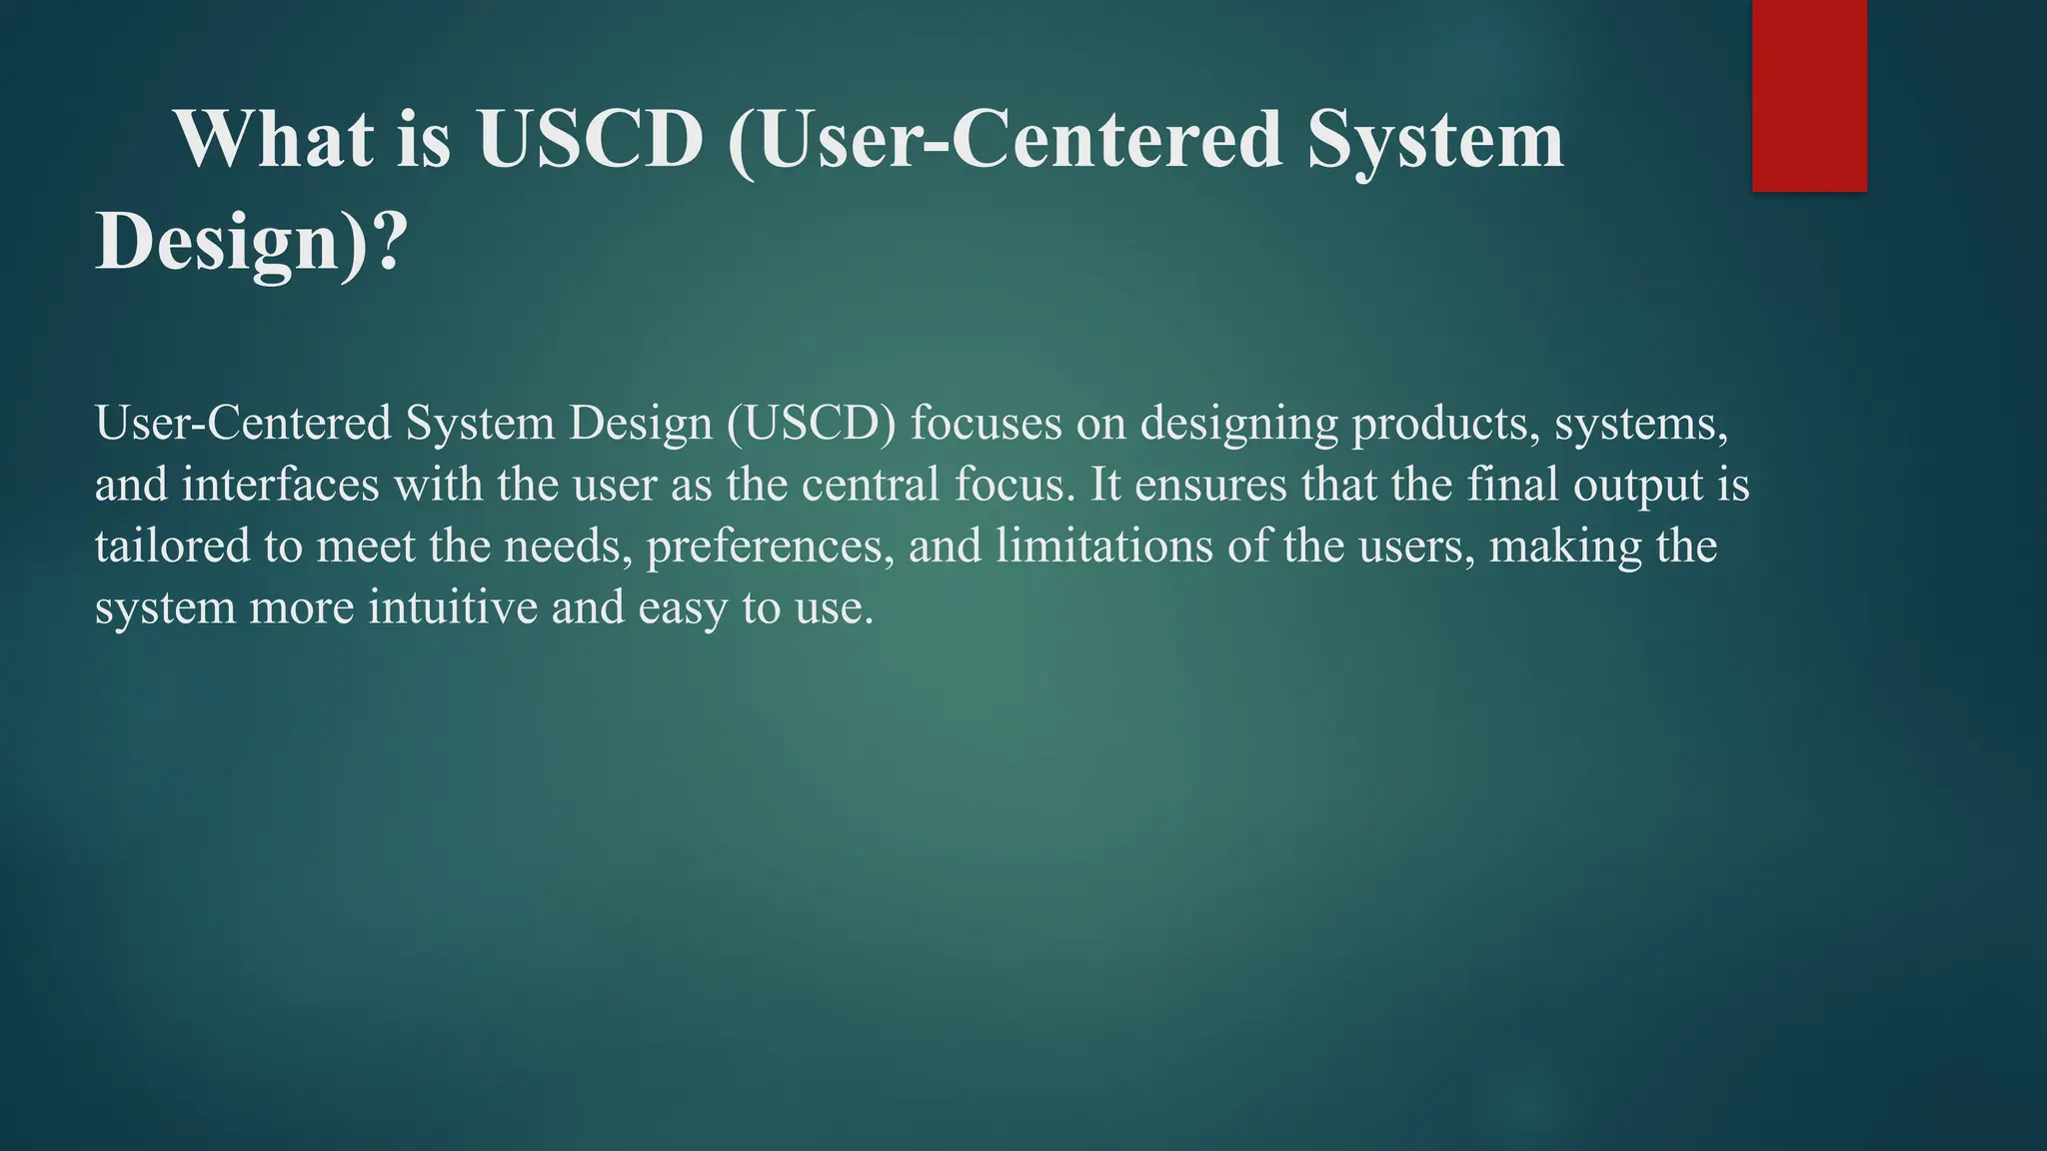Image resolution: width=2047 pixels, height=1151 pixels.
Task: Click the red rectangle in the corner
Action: pos(1809,95)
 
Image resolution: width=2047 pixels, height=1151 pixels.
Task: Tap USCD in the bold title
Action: pos(591,139)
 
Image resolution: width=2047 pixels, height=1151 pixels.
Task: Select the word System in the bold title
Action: pos(1434,139)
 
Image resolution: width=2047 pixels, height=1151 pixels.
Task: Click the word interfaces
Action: pos(281,485)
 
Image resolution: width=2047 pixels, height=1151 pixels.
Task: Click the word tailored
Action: pos(172,547)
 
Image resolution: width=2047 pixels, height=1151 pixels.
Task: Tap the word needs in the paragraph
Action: pos(568,547)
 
